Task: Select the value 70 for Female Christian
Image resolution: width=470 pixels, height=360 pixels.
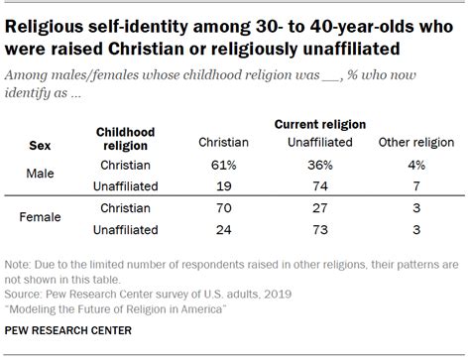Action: click(224, 208)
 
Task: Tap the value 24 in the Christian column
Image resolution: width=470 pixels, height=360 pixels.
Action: click(224, 229)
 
